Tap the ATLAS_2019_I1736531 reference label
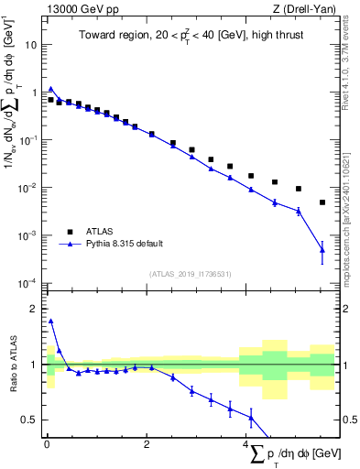click(x=191, y=274)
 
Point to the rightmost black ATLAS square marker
click(x=322, y=202)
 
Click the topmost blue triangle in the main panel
click(x=51, y=89)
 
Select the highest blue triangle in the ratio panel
click(x=51, y=322)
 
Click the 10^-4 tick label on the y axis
click(x=29, y=283)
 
